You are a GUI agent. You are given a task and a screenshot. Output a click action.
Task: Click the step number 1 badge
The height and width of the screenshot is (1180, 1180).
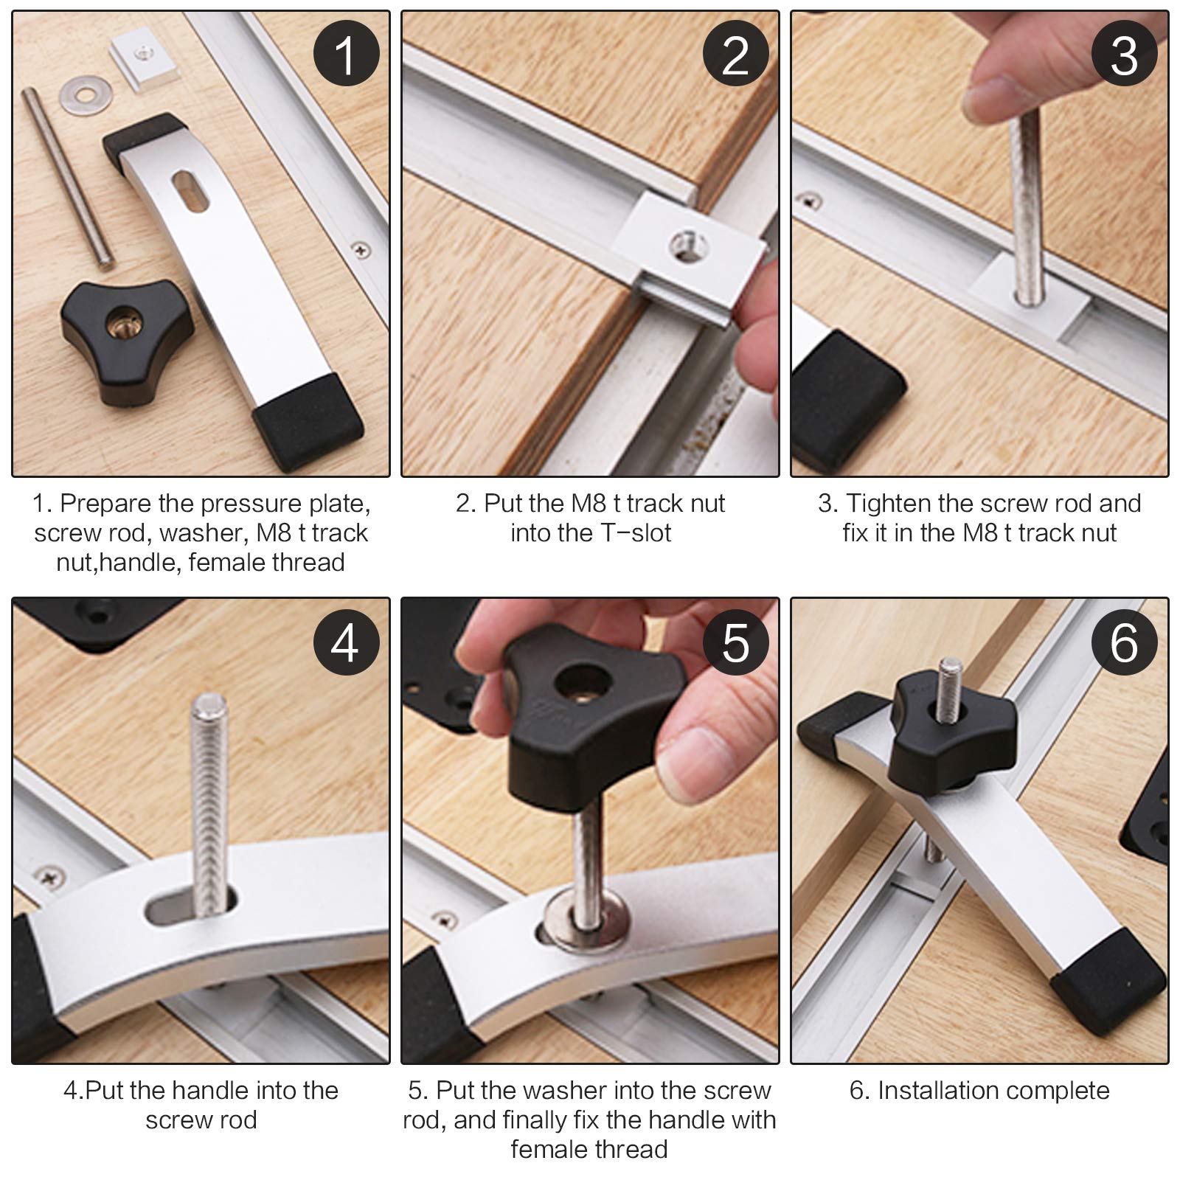coord(346,54)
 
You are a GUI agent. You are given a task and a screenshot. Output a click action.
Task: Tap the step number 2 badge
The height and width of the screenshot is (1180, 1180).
coord(735,54)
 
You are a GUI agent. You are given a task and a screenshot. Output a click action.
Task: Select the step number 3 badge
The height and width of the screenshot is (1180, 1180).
coord(1125,54)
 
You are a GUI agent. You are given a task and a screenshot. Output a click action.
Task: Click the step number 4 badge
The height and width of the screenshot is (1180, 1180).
coord(346,642)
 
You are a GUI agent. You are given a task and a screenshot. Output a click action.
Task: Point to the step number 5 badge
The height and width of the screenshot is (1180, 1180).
coord(735,642)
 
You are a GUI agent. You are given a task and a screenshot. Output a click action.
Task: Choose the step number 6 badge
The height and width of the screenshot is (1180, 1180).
coord(1125,642)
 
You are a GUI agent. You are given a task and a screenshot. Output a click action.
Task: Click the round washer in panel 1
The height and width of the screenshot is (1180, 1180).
coord(82,95)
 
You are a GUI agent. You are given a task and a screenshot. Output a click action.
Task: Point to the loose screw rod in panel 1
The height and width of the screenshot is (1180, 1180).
coord(67,176)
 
